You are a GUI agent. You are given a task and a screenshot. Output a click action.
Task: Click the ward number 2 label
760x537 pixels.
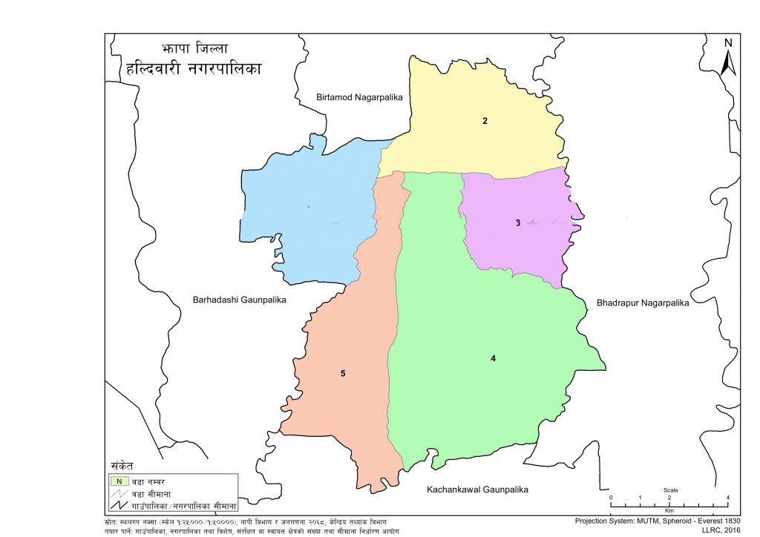point(485,120)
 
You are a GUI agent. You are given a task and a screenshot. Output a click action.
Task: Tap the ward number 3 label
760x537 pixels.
point(519,223)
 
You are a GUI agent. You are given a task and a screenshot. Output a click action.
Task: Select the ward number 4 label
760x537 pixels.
point(493,359)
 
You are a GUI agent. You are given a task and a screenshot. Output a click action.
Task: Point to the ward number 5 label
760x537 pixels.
point(343,373)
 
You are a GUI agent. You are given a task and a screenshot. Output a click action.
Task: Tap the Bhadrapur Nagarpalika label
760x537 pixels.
point(643,303)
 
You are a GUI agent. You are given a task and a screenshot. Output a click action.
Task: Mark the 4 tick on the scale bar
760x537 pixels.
point(727,497)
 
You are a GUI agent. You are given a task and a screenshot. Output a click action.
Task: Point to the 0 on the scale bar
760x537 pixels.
point(611,497)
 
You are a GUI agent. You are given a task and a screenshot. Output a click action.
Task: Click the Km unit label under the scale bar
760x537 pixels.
point(669,511)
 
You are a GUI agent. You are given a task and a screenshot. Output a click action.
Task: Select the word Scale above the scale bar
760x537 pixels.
point(670,490)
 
